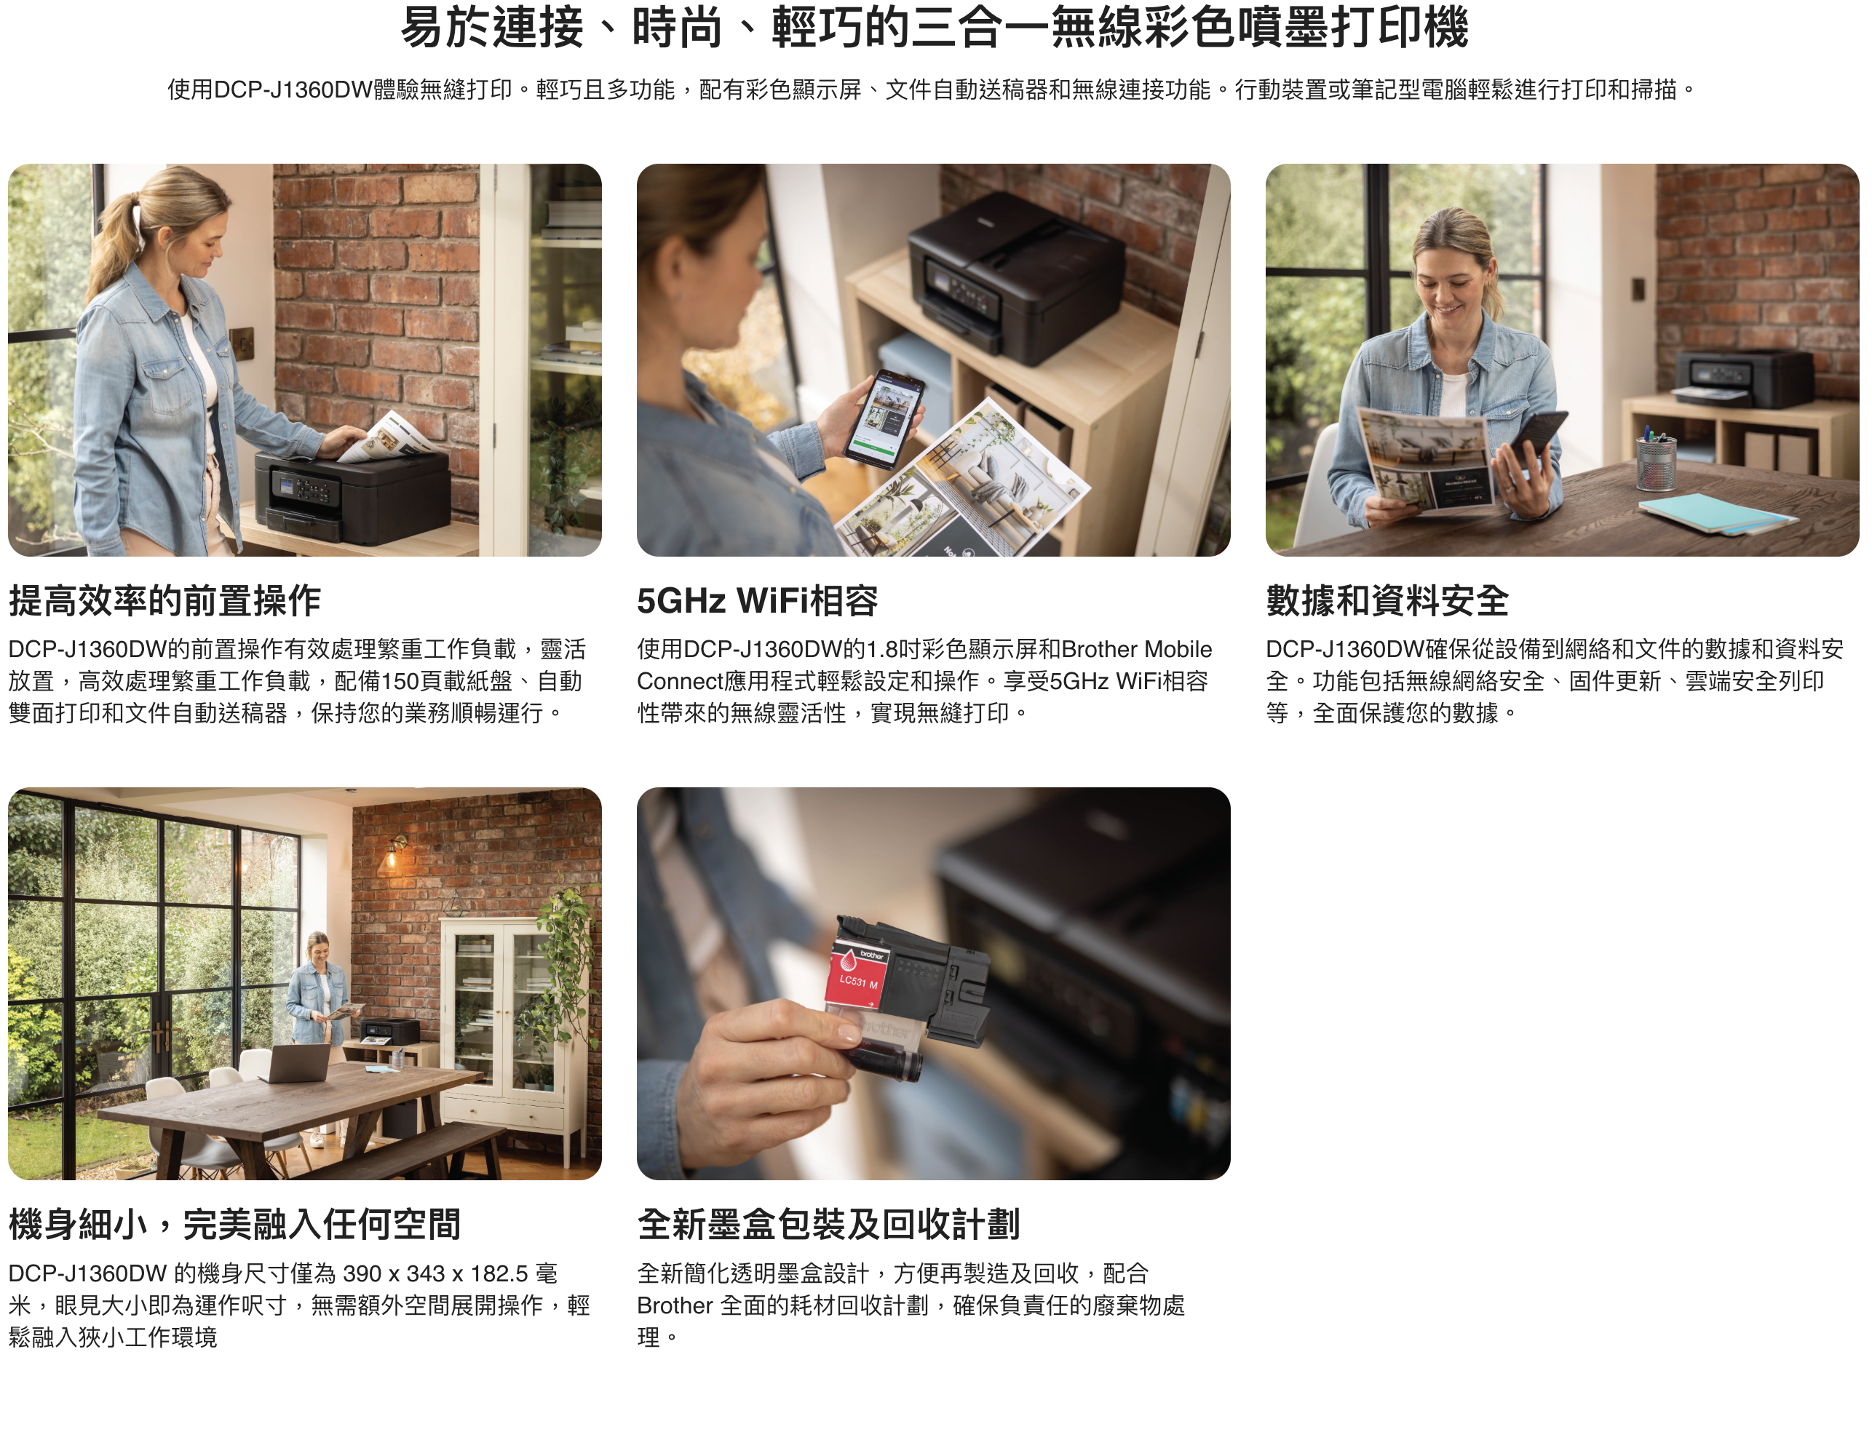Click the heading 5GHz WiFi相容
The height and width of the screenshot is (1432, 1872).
[757, 601]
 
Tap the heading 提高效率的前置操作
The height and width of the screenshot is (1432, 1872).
[164, 601]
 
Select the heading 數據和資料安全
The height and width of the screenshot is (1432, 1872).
[1387, 601]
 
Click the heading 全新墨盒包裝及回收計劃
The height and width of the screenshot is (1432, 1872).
[828, 1225]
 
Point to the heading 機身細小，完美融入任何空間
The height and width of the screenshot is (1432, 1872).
[234, 1225]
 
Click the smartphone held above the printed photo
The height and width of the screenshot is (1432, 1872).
[885, 418]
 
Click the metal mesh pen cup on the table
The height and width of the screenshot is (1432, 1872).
[1657, 461]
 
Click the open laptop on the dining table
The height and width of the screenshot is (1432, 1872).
[295, 1063]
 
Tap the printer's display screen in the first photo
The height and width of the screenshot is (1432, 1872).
[283, 485]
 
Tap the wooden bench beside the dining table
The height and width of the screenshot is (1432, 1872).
[400, 1150]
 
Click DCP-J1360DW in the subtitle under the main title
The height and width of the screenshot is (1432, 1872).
[293, 89]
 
